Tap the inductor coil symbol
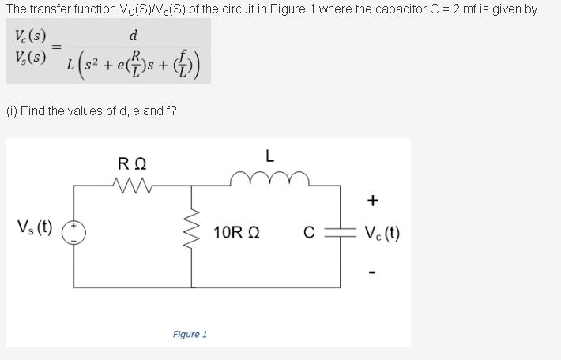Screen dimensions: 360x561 pos(270,181)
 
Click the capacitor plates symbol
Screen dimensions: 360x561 pos(341,233)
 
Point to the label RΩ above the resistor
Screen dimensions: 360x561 pos(130,165)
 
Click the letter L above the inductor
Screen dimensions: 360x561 pos(269,156)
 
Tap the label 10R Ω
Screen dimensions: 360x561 pos(237,234)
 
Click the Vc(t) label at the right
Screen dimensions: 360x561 pos(382,234)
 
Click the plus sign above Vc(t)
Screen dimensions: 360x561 pos(372,201)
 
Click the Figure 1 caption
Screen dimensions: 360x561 pos(190,334)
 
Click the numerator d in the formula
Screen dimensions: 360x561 pos(133,36)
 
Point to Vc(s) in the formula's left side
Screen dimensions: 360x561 pos(30,36)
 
